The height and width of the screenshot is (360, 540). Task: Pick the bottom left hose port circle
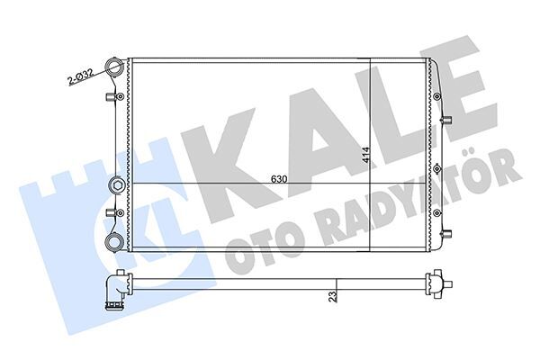tap(114, 240)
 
